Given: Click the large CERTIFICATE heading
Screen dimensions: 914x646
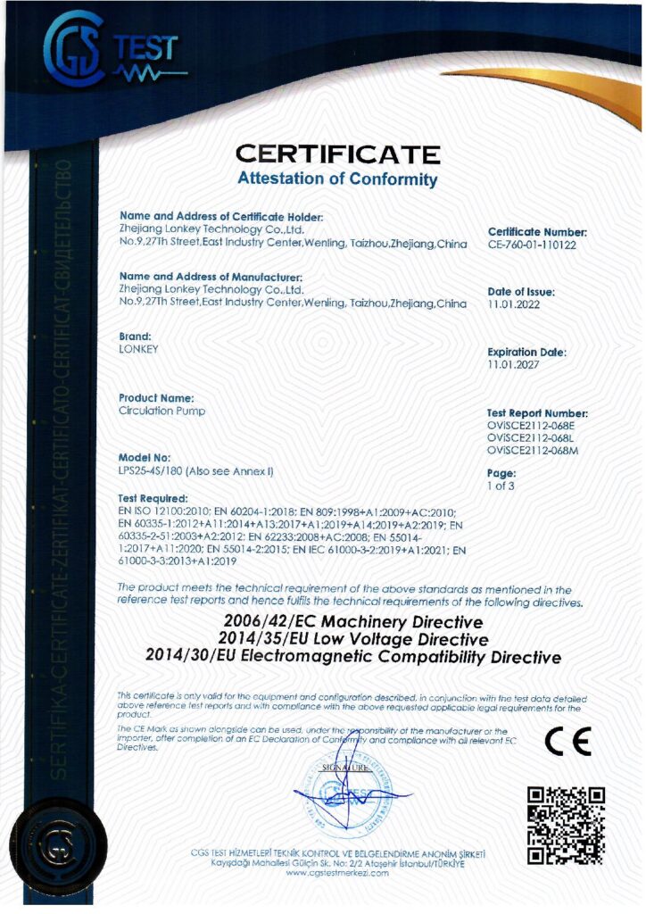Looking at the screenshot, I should pyautogui.click(x=337, y=154).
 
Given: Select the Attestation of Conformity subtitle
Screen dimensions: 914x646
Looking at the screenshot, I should pyautogui.click(x=337, y=179).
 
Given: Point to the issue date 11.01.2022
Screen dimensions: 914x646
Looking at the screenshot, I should pyautogui.click(x=509, y=303).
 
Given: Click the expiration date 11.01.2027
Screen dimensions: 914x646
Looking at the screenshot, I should pyautogui.click(x=509, y=364).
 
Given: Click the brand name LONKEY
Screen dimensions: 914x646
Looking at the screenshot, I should pyautogui.click(x=138, y=349).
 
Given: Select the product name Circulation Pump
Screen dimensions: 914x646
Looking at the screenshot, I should pyautogui.click(x=161, y=411).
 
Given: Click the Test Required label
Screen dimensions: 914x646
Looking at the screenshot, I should pyautogui.click(x=153, y=497).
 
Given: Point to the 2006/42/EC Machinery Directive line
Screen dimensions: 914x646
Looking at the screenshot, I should pyautogui.click(x=353, y=621).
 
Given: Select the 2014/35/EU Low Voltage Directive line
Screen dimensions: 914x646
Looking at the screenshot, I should pyautogui.click(x=353, y=639).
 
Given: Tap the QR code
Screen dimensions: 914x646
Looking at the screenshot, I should pyautogui.click(x=566, y=825).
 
